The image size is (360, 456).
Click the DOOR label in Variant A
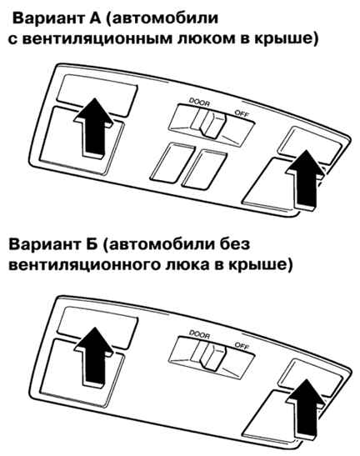[x=199, y=102]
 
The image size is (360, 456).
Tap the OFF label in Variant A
[x=242, y=113]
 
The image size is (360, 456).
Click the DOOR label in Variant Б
[x=199, y=333]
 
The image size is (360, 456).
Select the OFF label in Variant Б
[x=242, y=345]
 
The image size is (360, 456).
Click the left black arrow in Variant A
[x=93, y=128]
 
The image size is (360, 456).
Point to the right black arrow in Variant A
[x=305, y=180]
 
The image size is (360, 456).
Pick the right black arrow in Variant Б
[x=305, y=409]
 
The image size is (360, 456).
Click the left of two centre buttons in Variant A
[x=172, y=163]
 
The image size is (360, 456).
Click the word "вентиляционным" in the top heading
[x=97, y=39]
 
